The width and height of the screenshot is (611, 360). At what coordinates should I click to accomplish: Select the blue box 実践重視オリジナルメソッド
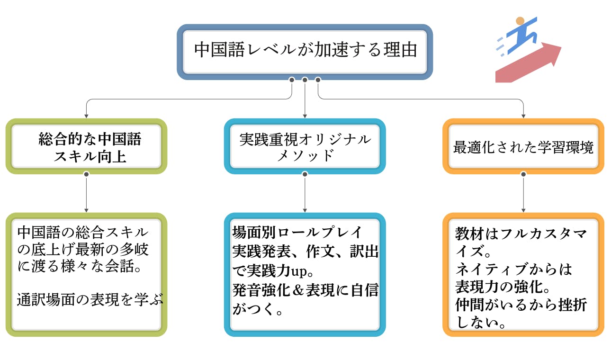tap(305, 147)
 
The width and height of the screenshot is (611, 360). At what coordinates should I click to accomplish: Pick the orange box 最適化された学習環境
tap(523, 147)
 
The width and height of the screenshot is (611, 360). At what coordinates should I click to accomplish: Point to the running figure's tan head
tap(520, 21)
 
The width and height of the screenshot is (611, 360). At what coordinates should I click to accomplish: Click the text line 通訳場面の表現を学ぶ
tap(90, 300)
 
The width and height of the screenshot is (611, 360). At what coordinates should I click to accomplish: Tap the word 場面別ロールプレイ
tap(297, 233)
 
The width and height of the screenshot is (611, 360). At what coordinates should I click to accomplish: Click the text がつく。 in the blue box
tap(258, 310)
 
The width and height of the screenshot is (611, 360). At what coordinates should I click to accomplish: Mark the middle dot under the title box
tap(305, 80)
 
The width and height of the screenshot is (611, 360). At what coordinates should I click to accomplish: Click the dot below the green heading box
tap(86, 174)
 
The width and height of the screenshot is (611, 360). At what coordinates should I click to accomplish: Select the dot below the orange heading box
tap(523, 174)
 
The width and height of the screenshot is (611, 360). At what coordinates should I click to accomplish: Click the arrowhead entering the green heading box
tap(86, 115)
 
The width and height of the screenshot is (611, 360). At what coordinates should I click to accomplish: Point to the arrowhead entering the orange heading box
tap(523, 115)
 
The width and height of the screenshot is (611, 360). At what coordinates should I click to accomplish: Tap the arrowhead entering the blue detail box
tap(305, 209)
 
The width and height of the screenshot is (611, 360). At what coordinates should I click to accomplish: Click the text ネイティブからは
tap(513, 270)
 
